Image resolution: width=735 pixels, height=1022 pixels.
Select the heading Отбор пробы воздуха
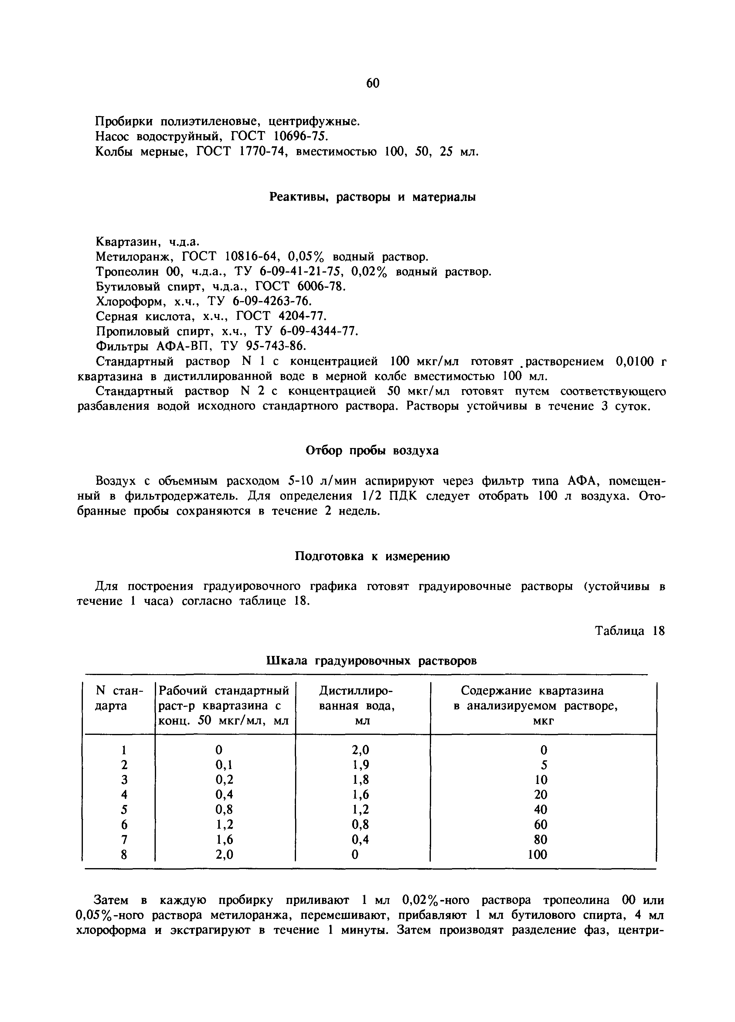pos(372,451)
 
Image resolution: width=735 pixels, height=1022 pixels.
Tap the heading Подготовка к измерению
pos(372,556)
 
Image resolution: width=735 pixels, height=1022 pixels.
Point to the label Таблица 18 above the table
pos(630,631)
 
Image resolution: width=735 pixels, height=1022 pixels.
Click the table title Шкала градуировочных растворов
pos(372,660)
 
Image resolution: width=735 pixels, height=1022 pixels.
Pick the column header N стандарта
pos(119,698)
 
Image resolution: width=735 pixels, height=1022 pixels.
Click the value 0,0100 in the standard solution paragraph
pos(634,362)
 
